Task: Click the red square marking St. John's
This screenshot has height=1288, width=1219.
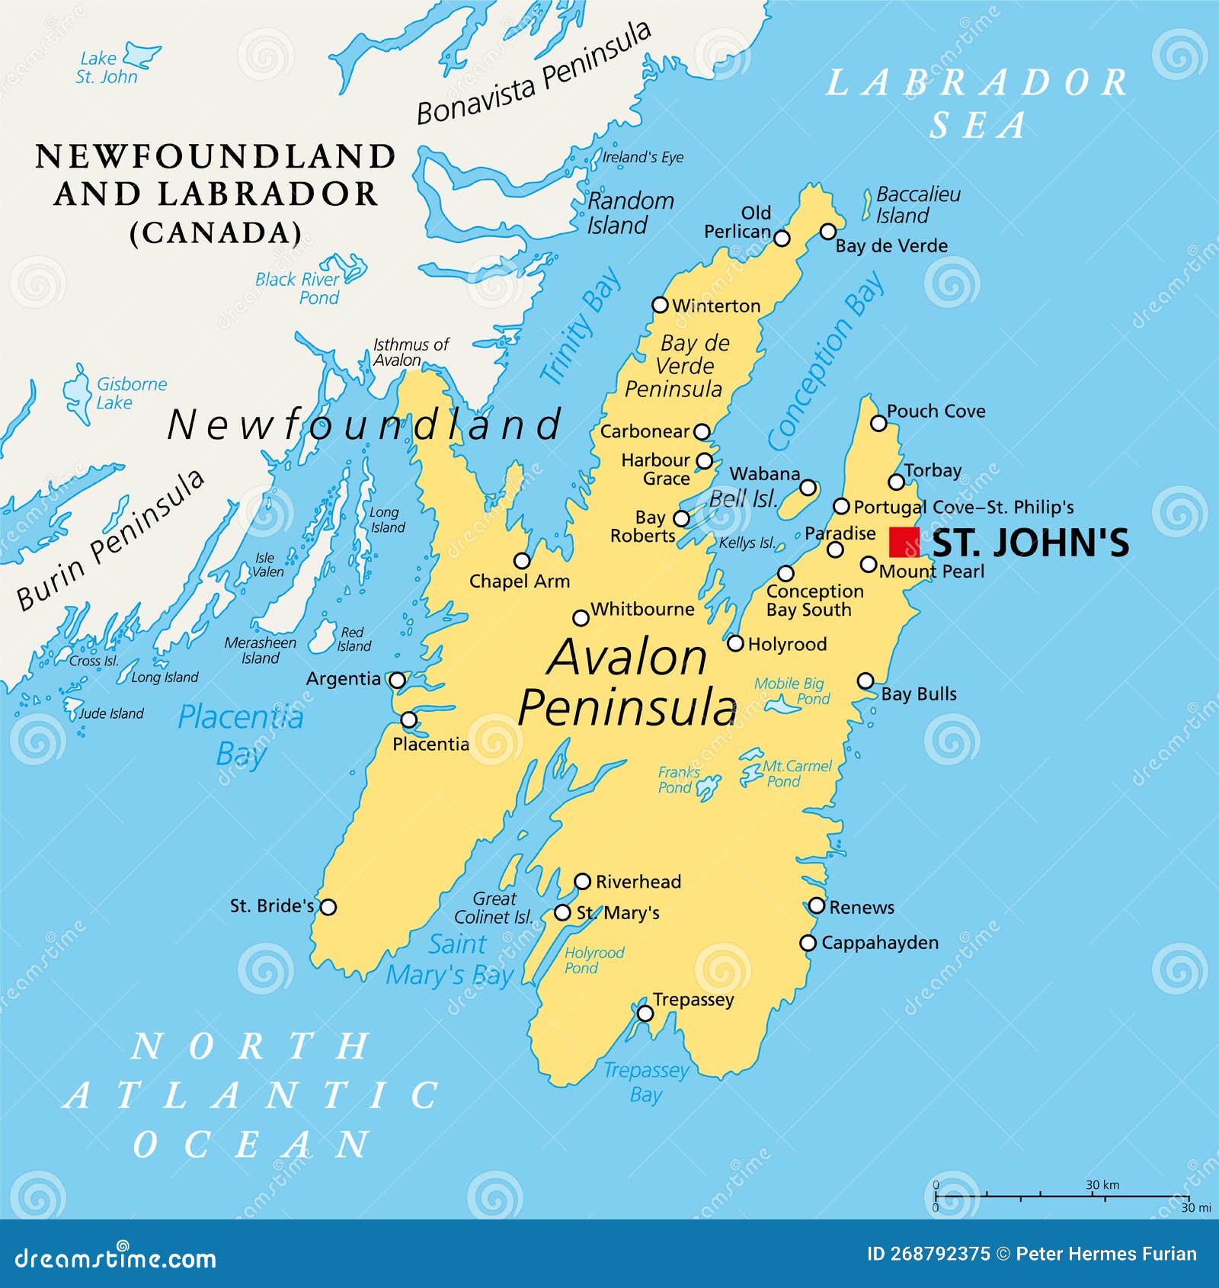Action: tap(904, 542)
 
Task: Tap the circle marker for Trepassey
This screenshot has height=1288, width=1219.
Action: tap(645, 1013)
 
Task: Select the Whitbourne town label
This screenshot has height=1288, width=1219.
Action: tap(642, 609)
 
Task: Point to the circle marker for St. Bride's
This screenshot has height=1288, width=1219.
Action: tap(328, 907)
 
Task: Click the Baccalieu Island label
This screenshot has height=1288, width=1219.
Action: tap(917, 205)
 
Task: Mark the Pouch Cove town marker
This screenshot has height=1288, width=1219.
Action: tap(878, 423)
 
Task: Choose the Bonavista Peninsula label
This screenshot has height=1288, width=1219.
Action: tap(533, 73)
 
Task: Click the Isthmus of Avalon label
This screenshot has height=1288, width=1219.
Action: tap(410, 352)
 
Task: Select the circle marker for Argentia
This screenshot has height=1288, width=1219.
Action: tap(397, 680)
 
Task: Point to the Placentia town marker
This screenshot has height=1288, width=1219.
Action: tap(409, 719)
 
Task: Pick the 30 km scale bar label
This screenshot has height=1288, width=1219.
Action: tap(1102, 1184)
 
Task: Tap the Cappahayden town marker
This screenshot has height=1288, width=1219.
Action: tap(808, 943)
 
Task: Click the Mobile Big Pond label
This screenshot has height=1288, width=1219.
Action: tap(791, 691)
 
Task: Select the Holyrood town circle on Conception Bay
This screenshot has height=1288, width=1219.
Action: tap(735, 643)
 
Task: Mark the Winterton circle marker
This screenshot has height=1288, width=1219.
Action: tap(661, 305)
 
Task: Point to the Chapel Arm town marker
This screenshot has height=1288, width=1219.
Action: tap(522, 561)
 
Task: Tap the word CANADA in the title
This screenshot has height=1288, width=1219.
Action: tap(216, 232)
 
